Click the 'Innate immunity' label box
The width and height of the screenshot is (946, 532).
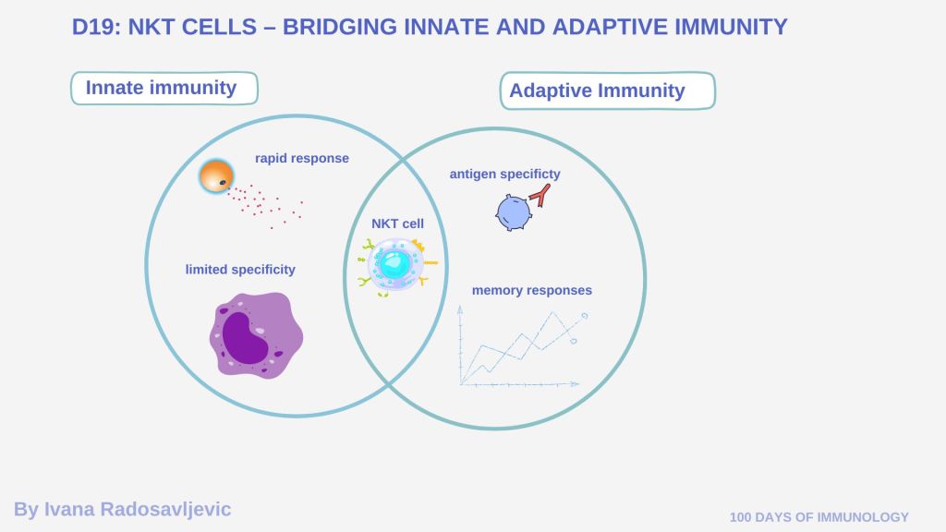(x=164, y=88)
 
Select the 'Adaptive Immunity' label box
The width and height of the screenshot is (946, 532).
(x=608, y=91)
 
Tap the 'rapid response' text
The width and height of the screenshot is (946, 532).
(x=302, y=158)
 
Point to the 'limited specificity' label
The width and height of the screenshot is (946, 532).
(x=240, y=270)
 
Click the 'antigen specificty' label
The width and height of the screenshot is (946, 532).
(x=505, y=174)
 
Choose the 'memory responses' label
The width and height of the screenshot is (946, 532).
(x=531, y=290)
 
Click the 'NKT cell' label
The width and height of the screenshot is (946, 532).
(x=397, y=224)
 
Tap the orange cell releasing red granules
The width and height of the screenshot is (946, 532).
(x=216, y=176)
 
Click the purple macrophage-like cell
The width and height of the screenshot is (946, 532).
(x=256, y=335)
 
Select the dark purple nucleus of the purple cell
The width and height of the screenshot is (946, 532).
(x=245, y=338)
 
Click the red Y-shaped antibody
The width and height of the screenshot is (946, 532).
(x=540, y=196)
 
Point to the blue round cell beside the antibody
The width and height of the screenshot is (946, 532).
(x=514, y=213)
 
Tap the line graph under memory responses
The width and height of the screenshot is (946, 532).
(x=521, y=347)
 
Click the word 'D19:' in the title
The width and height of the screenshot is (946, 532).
(x=95, y=27)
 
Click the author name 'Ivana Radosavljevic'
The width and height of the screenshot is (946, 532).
(x=138, y=509)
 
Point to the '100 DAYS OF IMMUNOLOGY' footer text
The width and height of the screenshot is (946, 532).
(x=819, y=517)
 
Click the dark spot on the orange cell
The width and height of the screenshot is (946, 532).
(x=223, y=182)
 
